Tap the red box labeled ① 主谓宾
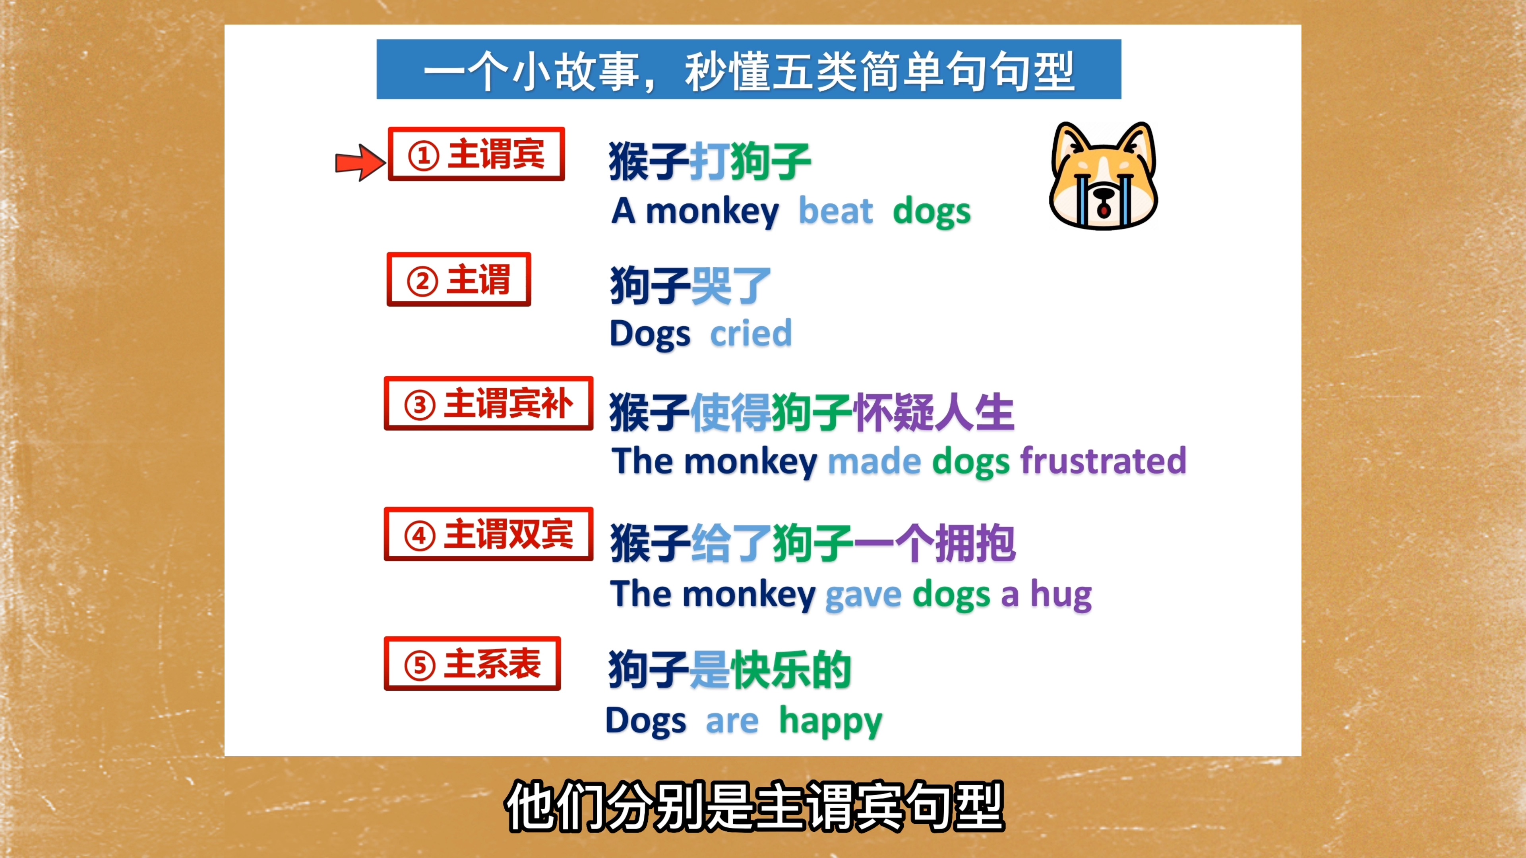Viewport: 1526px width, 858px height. point(476,154)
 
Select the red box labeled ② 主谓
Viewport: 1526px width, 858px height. point(459,280)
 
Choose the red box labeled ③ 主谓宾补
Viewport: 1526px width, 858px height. point(488,403)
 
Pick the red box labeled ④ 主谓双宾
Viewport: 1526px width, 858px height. point(488,534)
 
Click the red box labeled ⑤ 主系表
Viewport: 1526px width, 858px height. point(472,664)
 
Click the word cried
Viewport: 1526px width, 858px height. point(751,333)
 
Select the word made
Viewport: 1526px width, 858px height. point(874,461)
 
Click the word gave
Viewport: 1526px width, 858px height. point(863,595)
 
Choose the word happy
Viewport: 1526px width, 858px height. point(831,722)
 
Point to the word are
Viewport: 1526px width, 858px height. point(732,722)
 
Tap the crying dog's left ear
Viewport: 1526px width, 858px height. point(1069,145)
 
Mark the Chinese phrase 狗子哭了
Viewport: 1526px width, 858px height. point(691,286)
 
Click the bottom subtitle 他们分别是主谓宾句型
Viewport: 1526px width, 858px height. point(755,806)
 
